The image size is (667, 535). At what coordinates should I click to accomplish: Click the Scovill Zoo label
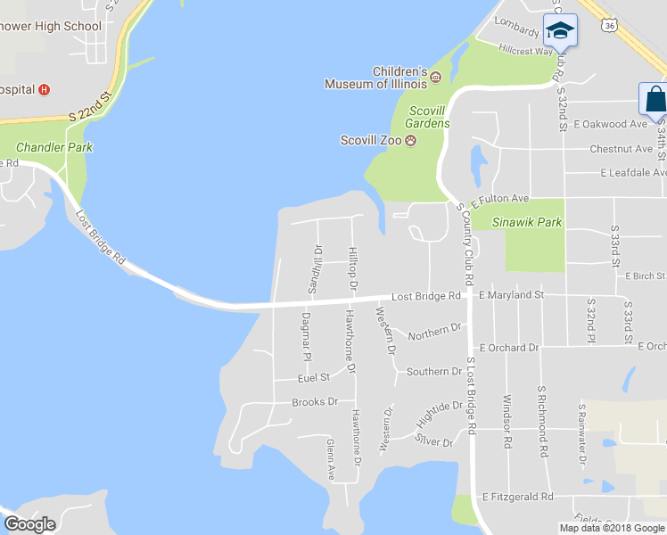371,140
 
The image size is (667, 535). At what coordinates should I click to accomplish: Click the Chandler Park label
55,147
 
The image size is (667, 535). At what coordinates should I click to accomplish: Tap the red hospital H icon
44,89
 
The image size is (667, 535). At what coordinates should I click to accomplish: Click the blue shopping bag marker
654,101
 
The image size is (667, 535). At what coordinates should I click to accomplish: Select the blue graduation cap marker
560,33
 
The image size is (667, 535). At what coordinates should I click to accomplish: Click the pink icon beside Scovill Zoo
411,140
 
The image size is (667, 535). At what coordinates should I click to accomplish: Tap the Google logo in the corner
29,524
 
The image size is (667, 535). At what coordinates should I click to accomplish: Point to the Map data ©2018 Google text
612,528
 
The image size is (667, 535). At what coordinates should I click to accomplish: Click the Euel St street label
314,378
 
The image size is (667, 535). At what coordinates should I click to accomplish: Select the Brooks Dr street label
315,402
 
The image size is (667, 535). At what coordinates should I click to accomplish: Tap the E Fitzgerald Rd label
517,497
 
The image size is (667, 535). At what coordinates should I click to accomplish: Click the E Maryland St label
511,294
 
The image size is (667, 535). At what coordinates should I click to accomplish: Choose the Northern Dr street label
434,332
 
